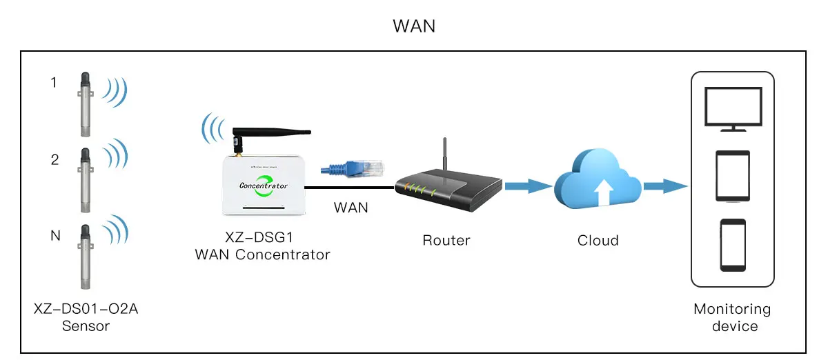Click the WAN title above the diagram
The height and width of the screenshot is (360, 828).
[414, 26]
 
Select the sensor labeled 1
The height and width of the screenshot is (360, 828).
[85, 103]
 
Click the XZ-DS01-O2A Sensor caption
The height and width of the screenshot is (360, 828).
[86, 317]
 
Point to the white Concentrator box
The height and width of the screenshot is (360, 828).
[262, 186]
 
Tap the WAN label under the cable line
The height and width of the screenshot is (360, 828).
[351, 208]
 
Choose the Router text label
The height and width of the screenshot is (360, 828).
[446, 241]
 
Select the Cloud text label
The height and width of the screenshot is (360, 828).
[598, 241]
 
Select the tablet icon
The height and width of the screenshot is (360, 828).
[732, 177]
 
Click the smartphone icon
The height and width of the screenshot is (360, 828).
[733, 245]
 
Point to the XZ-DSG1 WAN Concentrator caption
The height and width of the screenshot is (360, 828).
[262, 247]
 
